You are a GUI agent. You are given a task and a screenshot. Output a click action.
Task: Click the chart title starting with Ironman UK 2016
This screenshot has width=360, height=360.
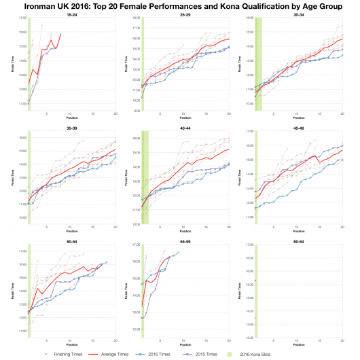pos(180,5)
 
